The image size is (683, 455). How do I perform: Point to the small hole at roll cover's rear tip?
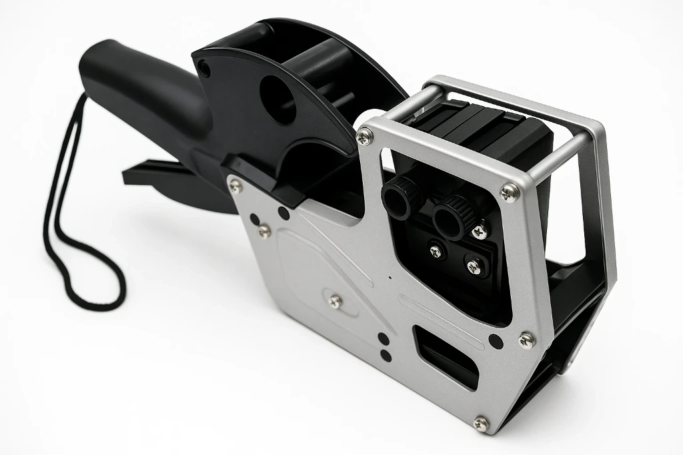pos(205,68)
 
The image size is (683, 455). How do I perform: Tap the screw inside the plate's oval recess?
pos(334,301)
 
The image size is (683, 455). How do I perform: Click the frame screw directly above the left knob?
pos(365,137)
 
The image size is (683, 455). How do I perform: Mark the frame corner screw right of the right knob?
pos(510,192)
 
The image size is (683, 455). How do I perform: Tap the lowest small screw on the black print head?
pos(473,267)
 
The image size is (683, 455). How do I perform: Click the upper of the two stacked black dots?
pos(383,338)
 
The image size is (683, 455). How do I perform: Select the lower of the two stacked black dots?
pos(384,353)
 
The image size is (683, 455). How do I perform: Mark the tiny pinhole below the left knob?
pos(388,276)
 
